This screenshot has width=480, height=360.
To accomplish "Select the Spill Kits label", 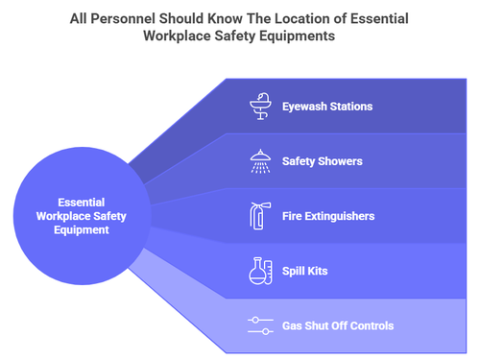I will pyautogui.click(x=306, y=272).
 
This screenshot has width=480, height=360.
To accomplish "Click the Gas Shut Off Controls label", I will pyautogui.click(x=338, y=325).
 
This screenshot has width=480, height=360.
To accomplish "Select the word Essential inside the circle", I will pyautogui.click(x=81, y=203).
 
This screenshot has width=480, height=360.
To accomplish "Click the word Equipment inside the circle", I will pyautogui.click(x=82, y=229).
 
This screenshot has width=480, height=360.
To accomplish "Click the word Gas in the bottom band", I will pyautogui.click(x=294, y=325).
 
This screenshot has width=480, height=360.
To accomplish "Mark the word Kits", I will pyautogui.click(x=317, y=272).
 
